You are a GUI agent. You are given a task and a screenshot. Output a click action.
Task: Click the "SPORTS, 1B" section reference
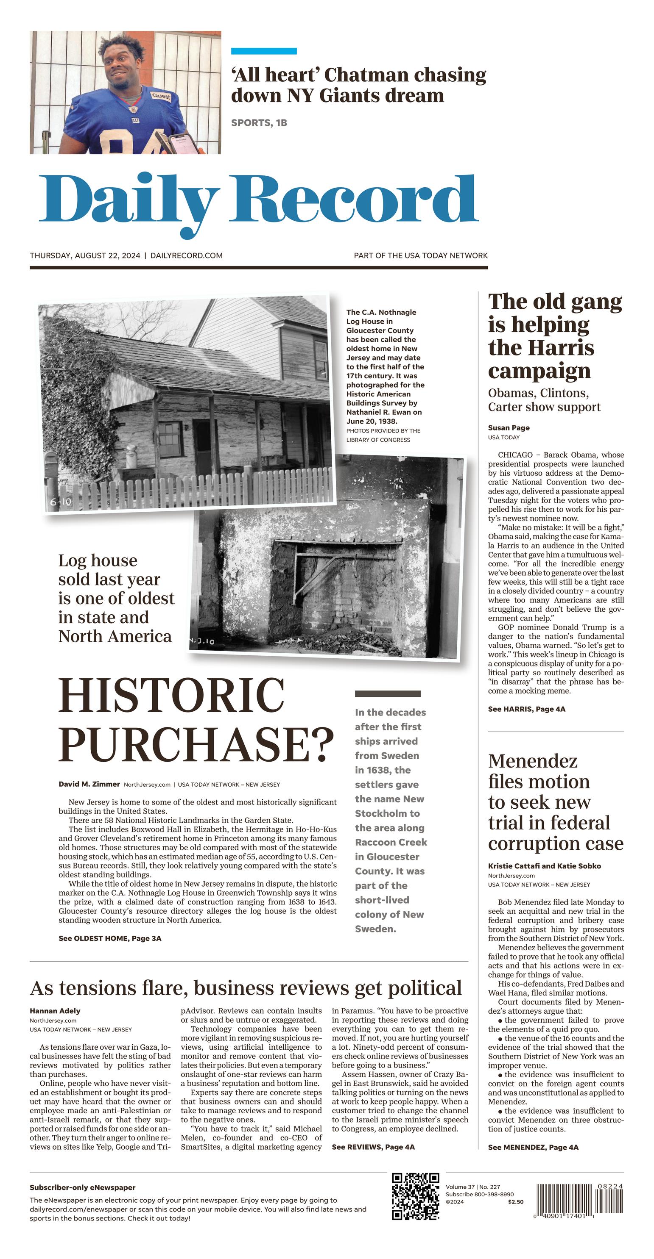tap(259, 123)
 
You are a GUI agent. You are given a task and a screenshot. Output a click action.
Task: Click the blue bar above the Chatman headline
tap(264, 51)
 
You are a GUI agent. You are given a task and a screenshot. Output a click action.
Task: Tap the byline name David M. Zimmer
tap(89, 784)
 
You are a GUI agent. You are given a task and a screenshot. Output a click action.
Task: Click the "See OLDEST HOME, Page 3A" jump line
tap(109, 938)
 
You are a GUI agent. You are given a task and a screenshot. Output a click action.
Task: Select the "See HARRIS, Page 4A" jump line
tap(526, 709)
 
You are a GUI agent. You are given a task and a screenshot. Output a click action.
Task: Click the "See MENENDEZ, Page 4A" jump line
tap(533, 1147)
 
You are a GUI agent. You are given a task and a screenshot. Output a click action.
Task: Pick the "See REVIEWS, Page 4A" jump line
tap(373, 1147)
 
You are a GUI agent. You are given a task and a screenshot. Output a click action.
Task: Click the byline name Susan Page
tap(509, 428)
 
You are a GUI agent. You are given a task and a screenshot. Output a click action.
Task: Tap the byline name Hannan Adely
tap(55, 1011)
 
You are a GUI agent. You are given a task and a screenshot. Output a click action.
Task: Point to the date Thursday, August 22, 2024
tap(85, 255)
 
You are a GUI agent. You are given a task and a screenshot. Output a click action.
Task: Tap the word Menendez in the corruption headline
tap(533, 761)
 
